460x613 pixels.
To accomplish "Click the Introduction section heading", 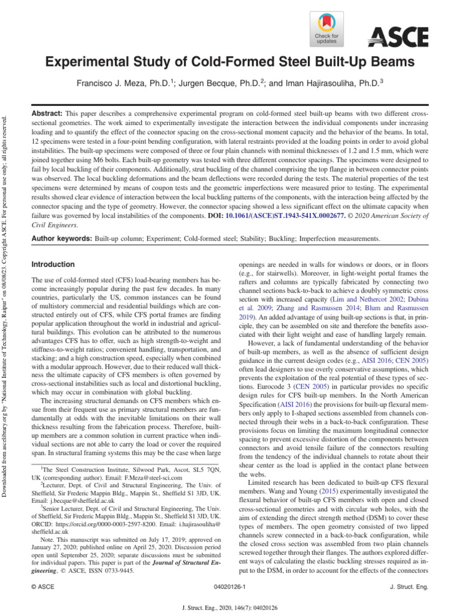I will pos(53,264).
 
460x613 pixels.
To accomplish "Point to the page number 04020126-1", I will pos(229,588).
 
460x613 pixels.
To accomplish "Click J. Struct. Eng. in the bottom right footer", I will pos(408,588).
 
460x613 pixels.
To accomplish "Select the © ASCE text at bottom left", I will pos(43,588).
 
